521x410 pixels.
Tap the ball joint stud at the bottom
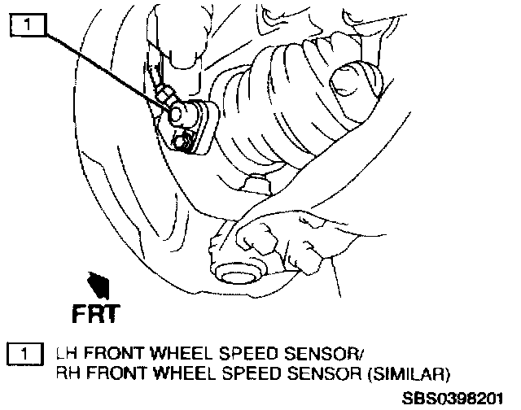click(x=241, y=268)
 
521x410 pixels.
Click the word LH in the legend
click(x=64, y=355)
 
